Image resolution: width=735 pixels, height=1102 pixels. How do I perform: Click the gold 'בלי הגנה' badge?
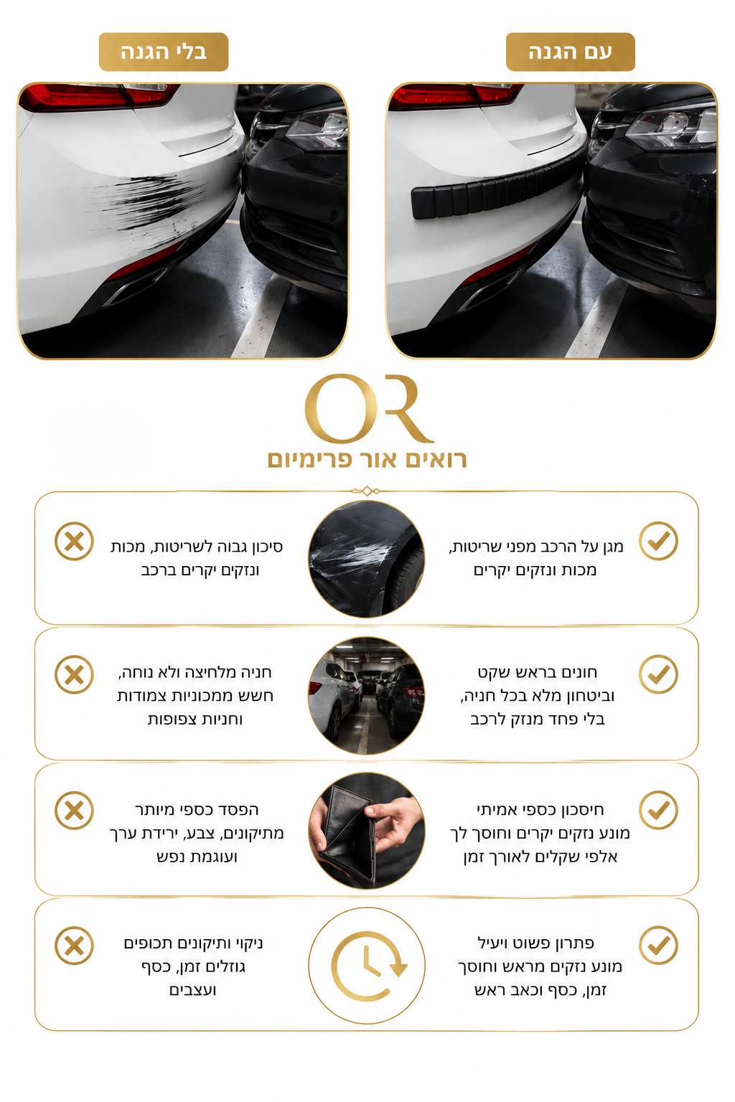point(164,52)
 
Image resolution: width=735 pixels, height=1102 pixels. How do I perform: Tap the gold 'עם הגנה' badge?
point(570,52)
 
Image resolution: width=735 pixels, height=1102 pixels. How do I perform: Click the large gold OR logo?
point(367,408)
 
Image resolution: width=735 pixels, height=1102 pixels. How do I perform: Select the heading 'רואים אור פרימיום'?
point(367,459)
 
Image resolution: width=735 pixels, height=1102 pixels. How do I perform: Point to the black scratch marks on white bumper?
point(148,202)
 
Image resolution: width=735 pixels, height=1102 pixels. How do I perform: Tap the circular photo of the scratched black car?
point(367,559)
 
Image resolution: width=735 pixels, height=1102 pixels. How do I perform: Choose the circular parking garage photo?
point(367,695)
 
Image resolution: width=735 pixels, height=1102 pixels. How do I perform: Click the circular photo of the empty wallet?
point(367,831)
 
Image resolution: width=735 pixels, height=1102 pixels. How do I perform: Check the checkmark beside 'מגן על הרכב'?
point(658,541)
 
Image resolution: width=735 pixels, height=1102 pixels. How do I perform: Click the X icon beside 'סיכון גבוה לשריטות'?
point(75,541)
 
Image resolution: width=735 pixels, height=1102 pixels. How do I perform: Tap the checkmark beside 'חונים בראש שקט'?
point(658,674)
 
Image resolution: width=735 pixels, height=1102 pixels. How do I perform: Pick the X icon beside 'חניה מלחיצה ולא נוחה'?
point(75,674)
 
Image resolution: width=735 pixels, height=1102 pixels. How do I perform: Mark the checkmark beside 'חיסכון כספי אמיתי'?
point(658,810)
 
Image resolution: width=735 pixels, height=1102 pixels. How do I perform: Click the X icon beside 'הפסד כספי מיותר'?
point(75,810)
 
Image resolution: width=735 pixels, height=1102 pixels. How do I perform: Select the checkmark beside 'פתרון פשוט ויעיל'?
point(658,946)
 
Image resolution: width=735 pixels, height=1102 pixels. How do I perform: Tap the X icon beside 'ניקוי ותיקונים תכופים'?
point(75,946)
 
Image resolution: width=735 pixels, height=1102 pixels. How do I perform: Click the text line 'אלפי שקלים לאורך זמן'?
point(540,857)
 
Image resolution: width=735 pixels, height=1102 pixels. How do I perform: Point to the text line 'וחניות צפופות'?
point(195,720)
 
